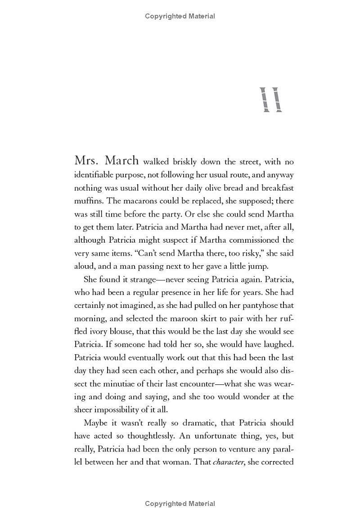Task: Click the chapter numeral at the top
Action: (x=271, y=100)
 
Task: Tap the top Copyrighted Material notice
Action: (x=180, y=16)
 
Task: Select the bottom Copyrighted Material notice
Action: (x=180, y=504)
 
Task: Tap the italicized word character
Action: (x=228, y=462)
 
